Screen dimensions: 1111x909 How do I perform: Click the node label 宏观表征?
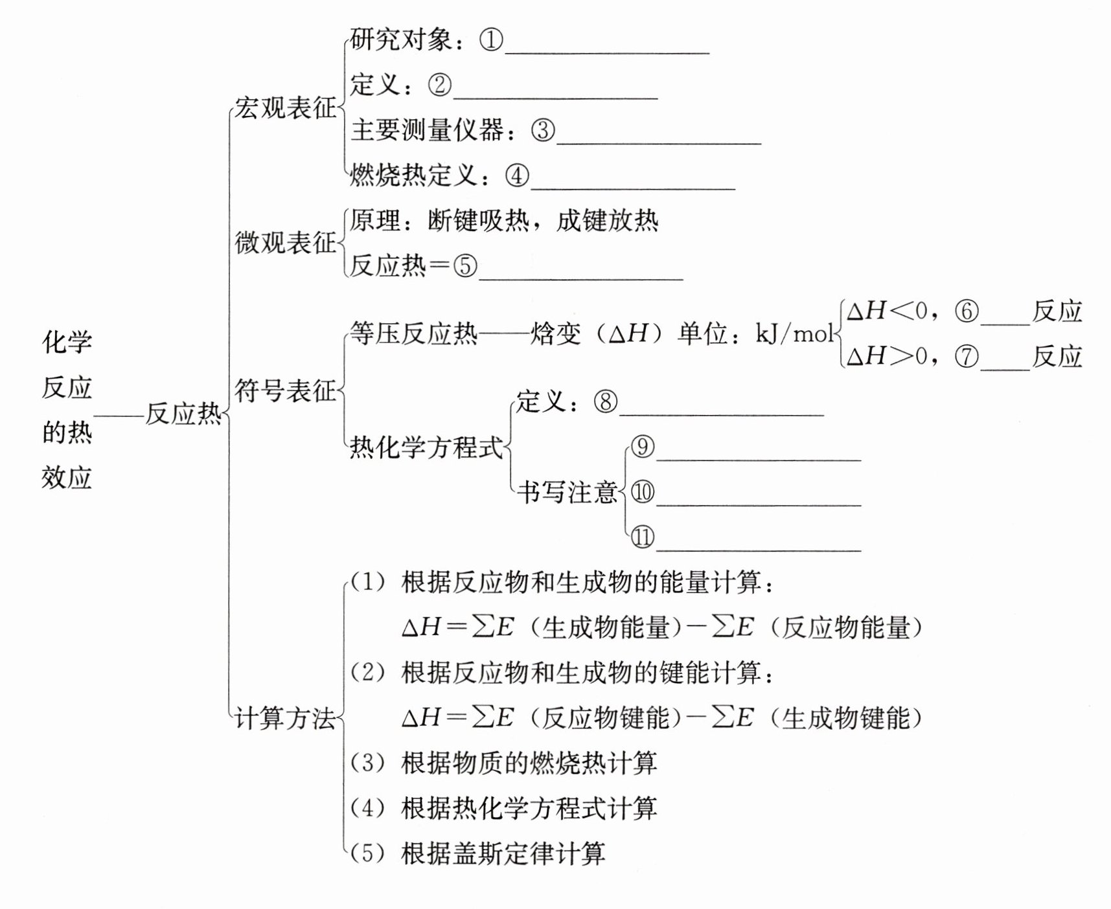pyautogui.click(x=285, y=107)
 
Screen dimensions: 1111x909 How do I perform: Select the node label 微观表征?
pyautogui.click(x=285, y=243)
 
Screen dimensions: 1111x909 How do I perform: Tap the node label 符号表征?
pyautogui.click(x=285, y=391)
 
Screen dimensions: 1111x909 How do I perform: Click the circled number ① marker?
pyautogui.click(x=491, y=40)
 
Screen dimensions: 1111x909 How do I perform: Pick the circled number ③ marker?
pyautogui.click(x=543, y=130)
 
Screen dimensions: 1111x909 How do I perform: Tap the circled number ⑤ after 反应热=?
pyautogui.click(x=465, y=265)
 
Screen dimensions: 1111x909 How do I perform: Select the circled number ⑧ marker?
pyautogui.click(x=605, y=402)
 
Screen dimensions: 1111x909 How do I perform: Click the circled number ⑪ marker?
pyautogui.click(x=642, y=537)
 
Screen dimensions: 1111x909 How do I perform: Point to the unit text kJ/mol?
pyautogui.click(x=795, y=333)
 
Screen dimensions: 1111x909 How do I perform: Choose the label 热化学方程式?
pyautogui.click(x=426, y=447)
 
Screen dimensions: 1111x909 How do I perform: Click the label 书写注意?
pyautogui.click(x=567, y=493)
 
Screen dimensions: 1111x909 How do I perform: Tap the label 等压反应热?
pyautogui.click(x=413, y=333)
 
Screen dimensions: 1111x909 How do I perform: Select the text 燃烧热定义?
pyautogui.click(x=413, y=175)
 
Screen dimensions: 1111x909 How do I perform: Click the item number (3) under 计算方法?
pyautogui.click(x=368, y=763)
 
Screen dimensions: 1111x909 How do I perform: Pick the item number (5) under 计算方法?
pyautogui.click(x=368, y=853)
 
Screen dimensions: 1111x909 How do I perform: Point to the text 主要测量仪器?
pyautogui.click(x=427, y=130)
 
